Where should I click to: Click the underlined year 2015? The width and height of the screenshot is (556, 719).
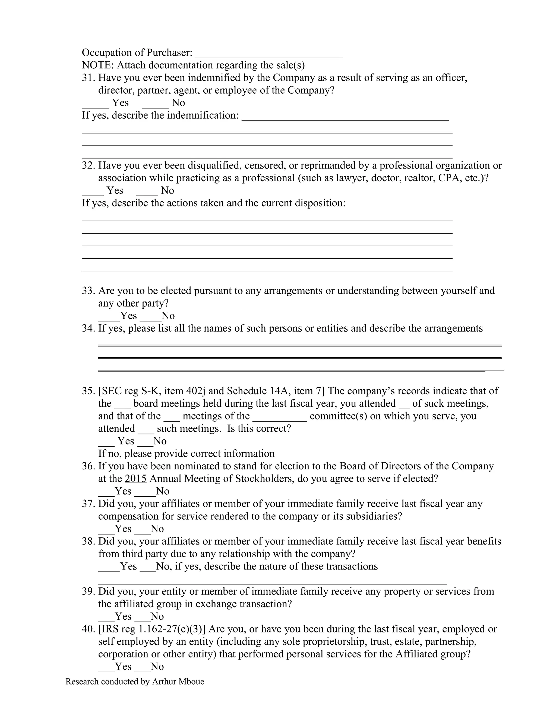pos(135,478)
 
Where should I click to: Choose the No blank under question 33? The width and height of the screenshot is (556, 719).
pos(150,319)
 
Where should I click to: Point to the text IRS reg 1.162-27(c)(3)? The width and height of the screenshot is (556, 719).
pos(152,629)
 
